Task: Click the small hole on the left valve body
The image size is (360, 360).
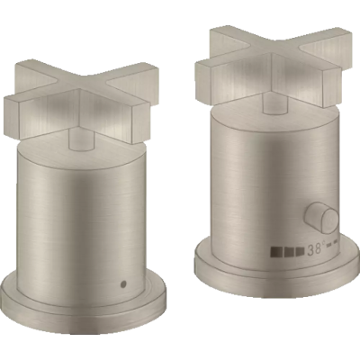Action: [123, 283]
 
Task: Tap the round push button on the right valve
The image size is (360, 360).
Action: [322, 218]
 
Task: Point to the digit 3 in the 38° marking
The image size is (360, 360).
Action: [310, 250]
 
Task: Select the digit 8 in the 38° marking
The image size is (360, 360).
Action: [319, 249]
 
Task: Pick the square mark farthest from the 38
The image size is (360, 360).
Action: [275, 251]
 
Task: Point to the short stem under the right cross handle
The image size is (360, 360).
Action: [274, 105]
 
